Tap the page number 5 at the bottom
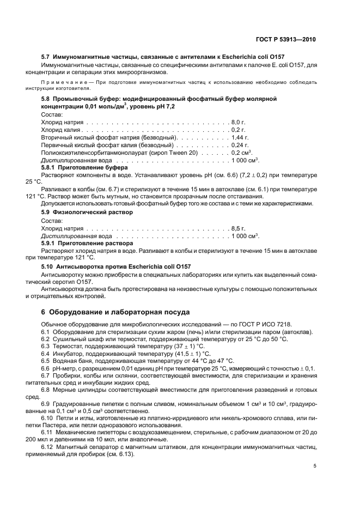coord(315,465)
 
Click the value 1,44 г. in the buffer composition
coord(240,138)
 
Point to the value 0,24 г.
coord(240,146)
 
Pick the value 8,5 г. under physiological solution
coord(239,228)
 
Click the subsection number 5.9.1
coord(50,244)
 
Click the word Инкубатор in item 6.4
coord(69,353)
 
